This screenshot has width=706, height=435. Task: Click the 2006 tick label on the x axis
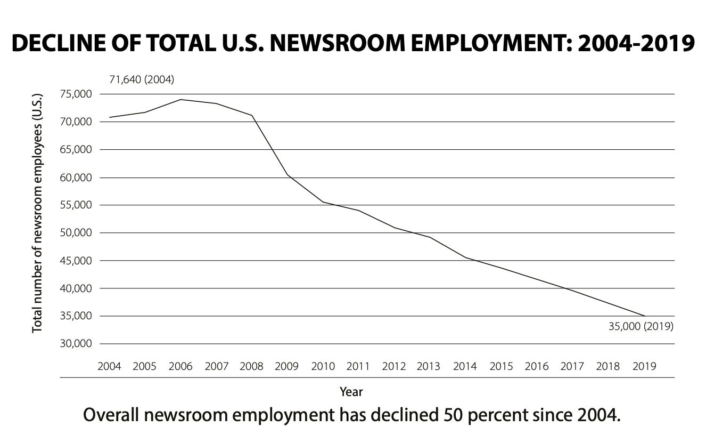[x=180, y=367]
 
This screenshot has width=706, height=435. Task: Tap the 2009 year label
[x=288, y=367]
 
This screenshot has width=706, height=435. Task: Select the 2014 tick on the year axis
[x=465, y=367]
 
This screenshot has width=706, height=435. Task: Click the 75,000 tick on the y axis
[x=77, y=94]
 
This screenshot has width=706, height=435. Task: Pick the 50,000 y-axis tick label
[x=77, y=233]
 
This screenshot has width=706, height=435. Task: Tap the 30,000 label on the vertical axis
[x=77, y=344]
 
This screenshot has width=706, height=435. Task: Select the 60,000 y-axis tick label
[x=77, y=178]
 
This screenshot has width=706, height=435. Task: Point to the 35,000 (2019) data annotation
[x=641, y=327]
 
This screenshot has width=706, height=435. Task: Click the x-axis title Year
[x=351, y=392]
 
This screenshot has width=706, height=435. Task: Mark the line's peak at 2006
[x=180, y=100]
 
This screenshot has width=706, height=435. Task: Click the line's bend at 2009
[x=288, y=175]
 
